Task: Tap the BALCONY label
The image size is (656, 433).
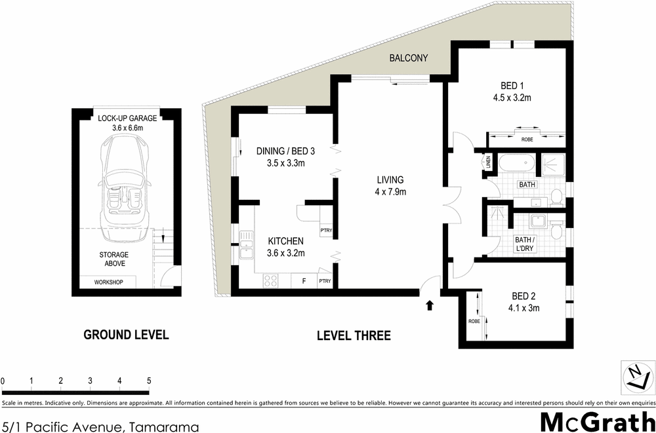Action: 408,58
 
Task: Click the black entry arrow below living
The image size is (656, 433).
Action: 430,305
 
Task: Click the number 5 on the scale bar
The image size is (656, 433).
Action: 149,381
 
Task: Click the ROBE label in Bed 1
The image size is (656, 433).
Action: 527,140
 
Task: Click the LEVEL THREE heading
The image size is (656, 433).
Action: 354,336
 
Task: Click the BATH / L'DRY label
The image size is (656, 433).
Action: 528,244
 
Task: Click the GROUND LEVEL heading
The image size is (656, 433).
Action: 126,335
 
